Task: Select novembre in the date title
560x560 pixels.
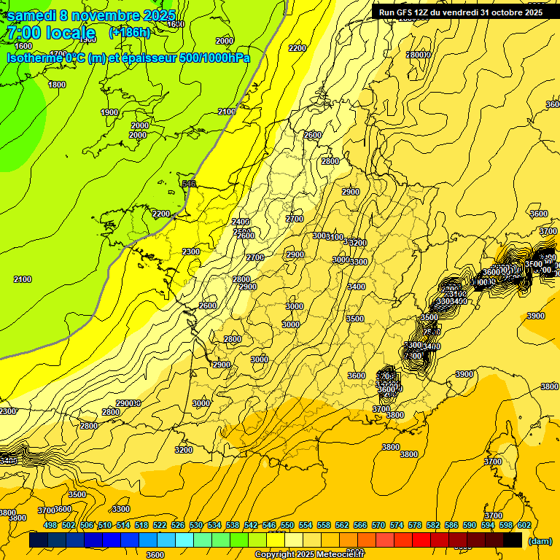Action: [x=108, y=15]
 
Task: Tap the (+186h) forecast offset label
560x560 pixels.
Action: [x=129, y=32]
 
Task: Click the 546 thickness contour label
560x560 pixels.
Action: [x=189, y=184]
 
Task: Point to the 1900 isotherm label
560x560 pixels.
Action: [x=109, y=112]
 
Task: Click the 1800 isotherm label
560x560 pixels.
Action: [x=56, y=85]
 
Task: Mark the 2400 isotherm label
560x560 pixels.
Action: [x=241, y=222]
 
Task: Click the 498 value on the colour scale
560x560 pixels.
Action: [x=50, y=525]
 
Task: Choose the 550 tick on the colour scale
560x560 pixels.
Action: [x=287, y=525]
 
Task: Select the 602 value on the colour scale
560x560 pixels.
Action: [x=524, y=525]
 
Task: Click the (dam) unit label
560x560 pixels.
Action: [x=540, y=541]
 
